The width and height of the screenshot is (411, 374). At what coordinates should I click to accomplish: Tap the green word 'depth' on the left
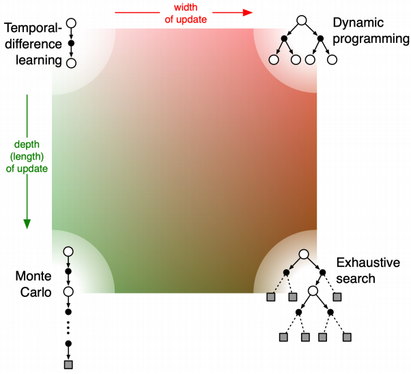click(27, 144)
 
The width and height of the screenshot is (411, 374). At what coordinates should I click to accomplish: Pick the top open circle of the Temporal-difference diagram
click(71, 23)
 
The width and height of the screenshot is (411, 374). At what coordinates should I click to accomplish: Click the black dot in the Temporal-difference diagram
click(71, 44)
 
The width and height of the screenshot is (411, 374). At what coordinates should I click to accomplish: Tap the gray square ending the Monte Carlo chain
click(68, 364)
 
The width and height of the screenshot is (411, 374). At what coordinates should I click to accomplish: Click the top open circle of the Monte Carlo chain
click(68, 252)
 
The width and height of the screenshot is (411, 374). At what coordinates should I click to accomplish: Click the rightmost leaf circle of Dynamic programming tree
click(332, 60)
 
